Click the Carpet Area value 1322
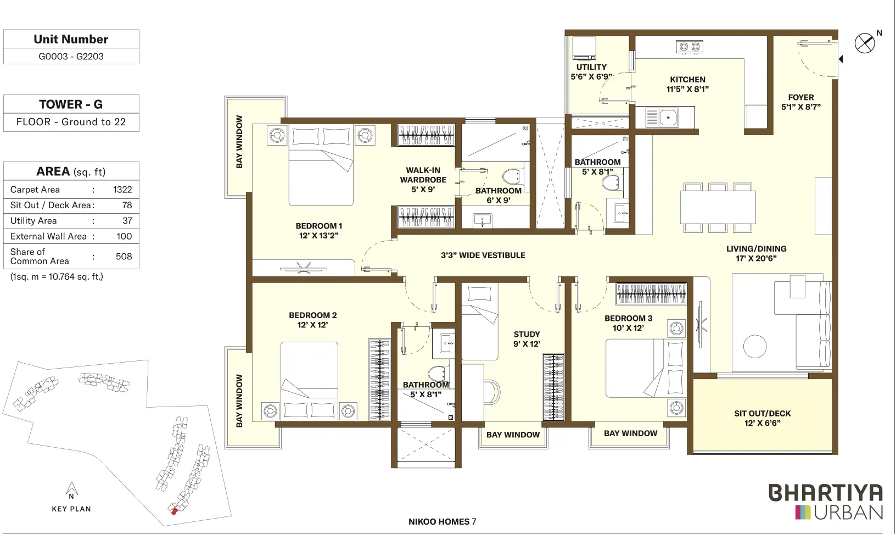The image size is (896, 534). click(x=122, y=190)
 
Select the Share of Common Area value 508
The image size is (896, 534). click(x=124, y=256)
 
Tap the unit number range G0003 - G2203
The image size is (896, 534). click(x=71, y=57)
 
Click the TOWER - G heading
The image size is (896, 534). click(x=71, y=104)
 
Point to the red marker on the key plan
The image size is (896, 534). click(x=175, y=511)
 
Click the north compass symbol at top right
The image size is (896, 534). click(x=865, y=43)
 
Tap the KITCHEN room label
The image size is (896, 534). click(x=687, y=80)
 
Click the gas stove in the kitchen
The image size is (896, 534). click(x=690, y=47)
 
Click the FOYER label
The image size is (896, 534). click(x=801, y=97)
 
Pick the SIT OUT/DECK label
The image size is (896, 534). click(x=763, y=414)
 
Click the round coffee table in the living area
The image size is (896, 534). click(x=755, y=346)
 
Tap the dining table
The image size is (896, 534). click(x=718, y=207)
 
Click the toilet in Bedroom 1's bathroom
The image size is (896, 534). click(x=512, y=176)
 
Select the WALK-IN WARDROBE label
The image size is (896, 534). click(x=423, y=175)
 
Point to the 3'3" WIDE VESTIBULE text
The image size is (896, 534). click(x=483, y=255)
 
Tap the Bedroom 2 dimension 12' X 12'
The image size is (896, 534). click(x=313, y=325)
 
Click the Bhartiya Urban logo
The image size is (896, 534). click(x=826, y=502)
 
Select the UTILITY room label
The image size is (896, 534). click(x=591, y=67)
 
